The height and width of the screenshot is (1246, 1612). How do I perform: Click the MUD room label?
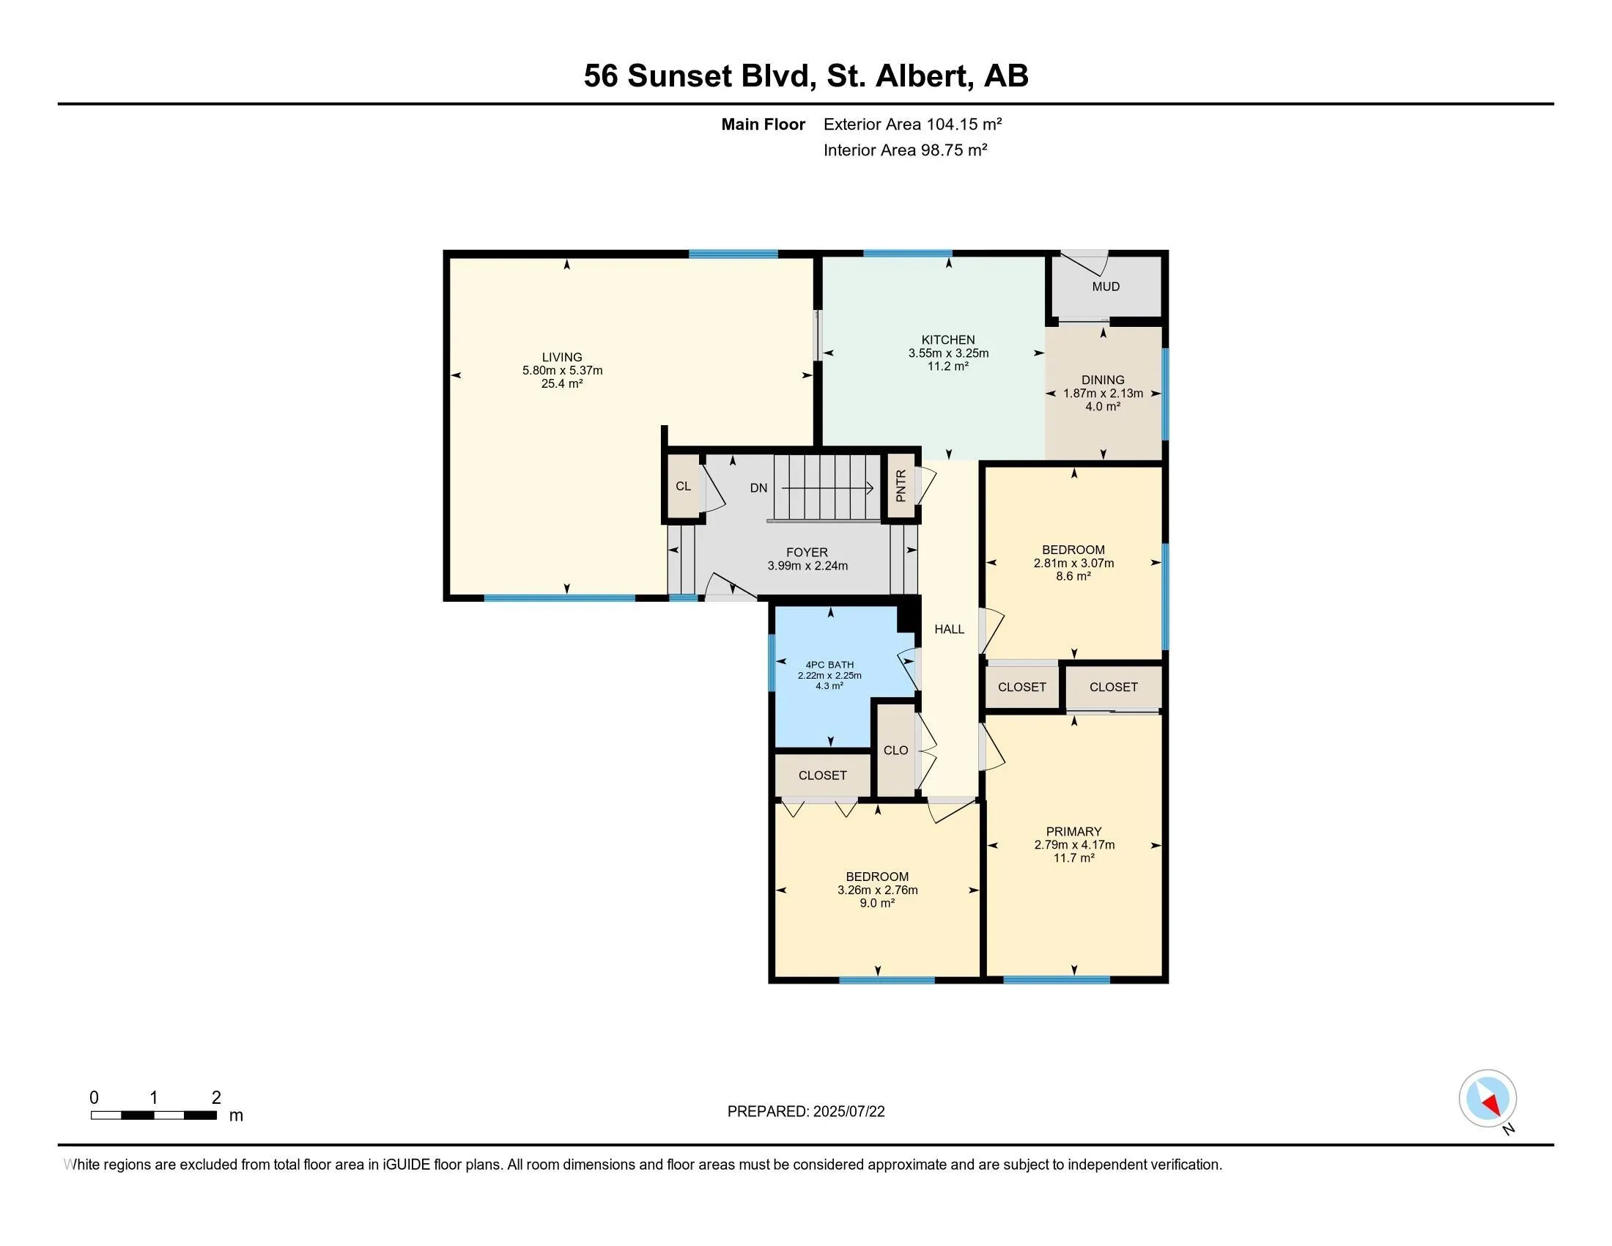1106,287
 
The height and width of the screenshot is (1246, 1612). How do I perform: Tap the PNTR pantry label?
901,486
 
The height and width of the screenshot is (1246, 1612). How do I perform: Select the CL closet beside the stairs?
683,486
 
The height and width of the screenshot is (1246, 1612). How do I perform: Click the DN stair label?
759,488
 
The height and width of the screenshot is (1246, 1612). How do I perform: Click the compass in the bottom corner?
1487,1098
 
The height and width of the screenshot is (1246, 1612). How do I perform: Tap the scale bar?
154,1116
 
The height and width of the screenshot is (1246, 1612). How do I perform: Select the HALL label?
949,629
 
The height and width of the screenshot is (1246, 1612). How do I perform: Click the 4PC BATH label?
829,664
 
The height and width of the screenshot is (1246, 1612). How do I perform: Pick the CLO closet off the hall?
895,750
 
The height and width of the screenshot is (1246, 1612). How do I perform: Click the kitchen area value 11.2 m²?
947,366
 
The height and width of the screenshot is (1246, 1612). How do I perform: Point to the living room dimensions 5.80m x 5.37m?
563,371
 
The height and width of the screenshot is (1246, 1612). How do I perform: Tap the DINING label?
1103,380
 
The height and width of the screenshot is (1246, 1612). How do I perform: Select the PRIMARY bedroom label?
1074,831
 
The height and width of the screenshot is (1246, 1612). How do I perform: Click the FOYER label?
807,552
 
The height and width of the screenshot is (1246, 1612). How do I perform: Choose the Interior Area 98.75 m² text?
906,150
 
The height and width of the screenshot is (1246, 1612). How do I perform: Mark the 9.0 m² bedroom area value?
877,903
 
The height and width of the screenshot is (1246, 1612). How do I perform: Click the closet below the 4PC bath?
822,775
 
